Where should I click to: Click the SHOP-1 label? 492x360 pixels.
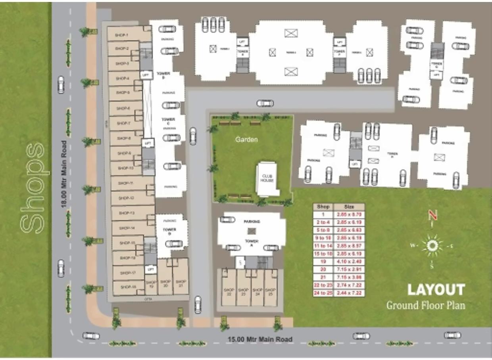(x=121, y=35)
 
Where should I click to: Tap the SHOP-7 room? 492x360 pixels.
(x=124, y=123)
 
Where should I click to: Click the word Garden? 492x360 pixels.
(x=246, y=140)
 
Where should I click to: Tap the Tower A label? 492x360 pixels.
(x=252, y=241)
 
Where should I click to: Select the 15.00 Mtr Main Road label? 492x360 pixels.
(x=260, y=339)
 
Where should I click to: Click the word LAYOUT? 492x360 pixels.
(x=436, y=290)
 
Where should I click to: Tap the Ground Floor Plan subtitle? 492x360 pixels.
(x=426, y=305)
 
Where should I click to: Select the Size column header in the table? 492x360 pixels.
(x=349, y=207)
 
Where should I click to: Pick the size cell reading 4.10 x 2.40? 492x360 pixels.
(x=349, y=261)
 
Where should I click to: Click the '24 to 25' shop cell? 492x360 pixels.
(x=323, y=293)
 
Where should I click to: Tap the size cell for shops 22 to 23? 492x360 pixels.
(x=349, y=285)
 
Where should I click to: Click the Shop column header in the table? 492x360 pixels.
(x=323, y=207)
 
